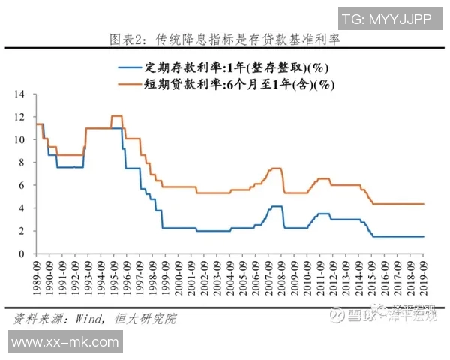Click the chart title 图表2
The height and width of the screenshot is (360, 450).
pos(224,39)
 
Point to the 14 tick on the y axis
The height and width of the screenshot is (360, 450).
pos(20,94)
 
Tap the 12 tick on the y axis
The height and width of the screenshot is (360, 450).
pos(20,117)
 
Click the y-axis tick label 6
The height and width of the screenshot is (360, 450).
pos(23,185)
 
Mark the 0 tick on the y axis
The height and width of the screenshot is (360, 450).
pos(23,253)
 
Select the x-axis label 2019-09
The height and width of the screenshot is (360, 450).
pos(424,279)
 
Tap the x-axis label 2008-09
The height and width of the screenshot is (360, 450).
pos(282,279)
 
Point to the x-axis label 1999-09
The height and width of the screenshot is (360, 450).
pos(166,279)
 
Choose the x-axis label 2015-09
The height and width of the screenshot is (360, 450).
pos(372,279)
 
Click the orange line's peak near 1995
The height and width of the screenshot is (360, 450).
pos(116,116)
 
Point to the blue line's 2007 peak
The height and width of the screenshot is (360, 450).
pos(276,205)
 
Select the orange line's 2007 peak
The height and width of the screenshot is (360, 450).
pos(275,169)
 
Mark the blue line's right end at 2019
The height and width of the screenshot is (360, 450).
pos(424,236)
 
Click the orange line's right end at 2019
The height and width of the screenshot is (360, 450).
pos(424,204)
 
